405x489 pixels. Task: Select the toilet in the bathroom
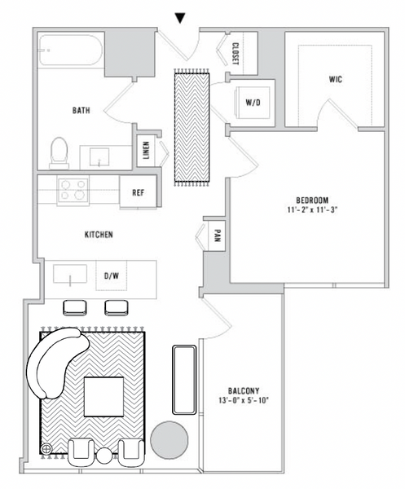coord(59,152)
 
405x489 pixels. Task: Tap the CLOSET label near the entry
coord(235,53)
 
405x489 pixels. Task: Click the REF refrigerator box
coord(138,193)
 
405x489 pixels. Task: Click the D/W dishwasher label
coord(111,276)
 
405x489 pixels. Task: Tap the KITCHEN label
coord(98,235)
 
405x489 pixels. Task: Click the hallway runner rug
coord(191,126)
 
